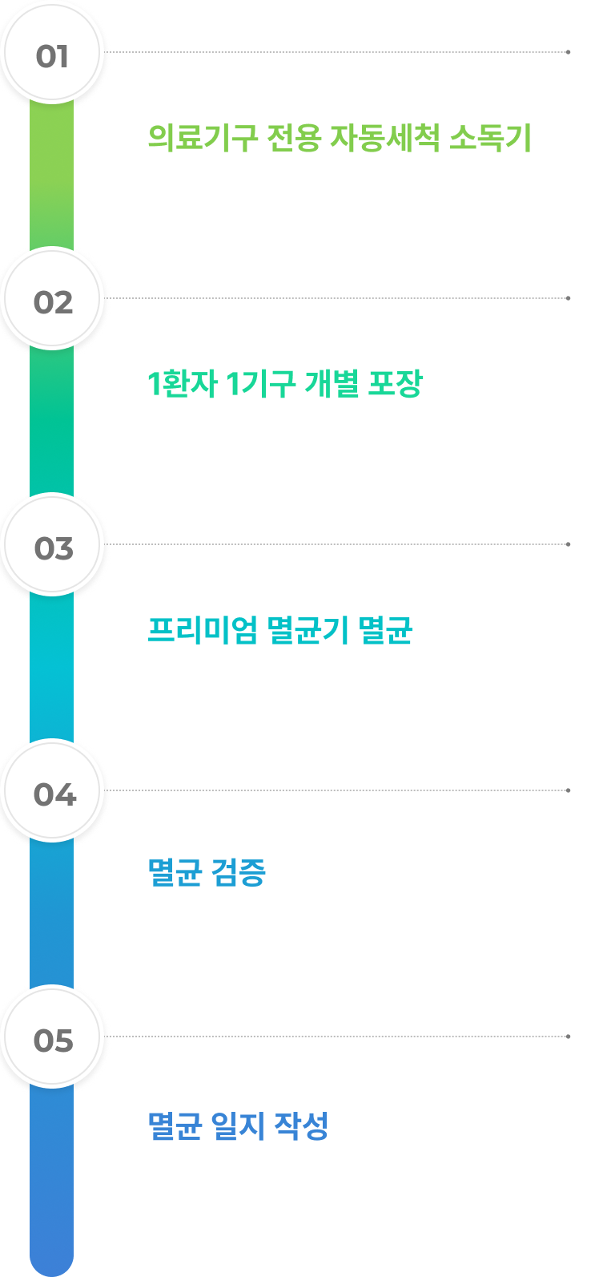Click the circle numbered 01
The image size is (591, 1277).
52,52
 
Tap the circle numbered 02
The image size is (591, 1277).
52,299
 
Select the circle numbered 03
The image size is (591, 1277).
52,545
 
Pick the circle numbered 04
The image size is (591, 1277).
52,791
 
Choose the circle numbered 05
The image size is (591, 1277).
52,1037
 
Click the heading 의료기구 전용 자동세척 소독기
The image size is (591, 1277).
340,138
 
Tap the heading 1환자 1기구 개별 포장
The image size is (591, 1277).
284,384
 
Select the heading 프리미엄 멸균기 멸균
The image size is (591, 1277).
279,630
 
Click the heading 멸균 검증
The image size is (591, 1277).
207,872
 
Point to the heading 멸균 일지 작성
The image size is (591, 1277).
238,1126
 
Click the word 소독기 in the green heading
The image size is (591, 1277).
490,138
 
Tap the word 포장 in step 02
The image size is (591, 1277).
395,384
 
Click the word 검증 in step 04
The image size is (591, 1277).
239,872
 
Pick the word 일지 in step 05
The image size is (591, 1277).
238,1126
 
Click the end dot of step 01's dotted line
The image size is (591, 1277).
569,52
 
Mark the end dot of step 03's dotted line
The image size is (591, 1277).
569,544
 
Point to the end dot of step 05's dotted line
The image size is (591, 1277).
569,1037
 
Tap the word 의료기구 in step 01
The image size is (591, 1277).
203,138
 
